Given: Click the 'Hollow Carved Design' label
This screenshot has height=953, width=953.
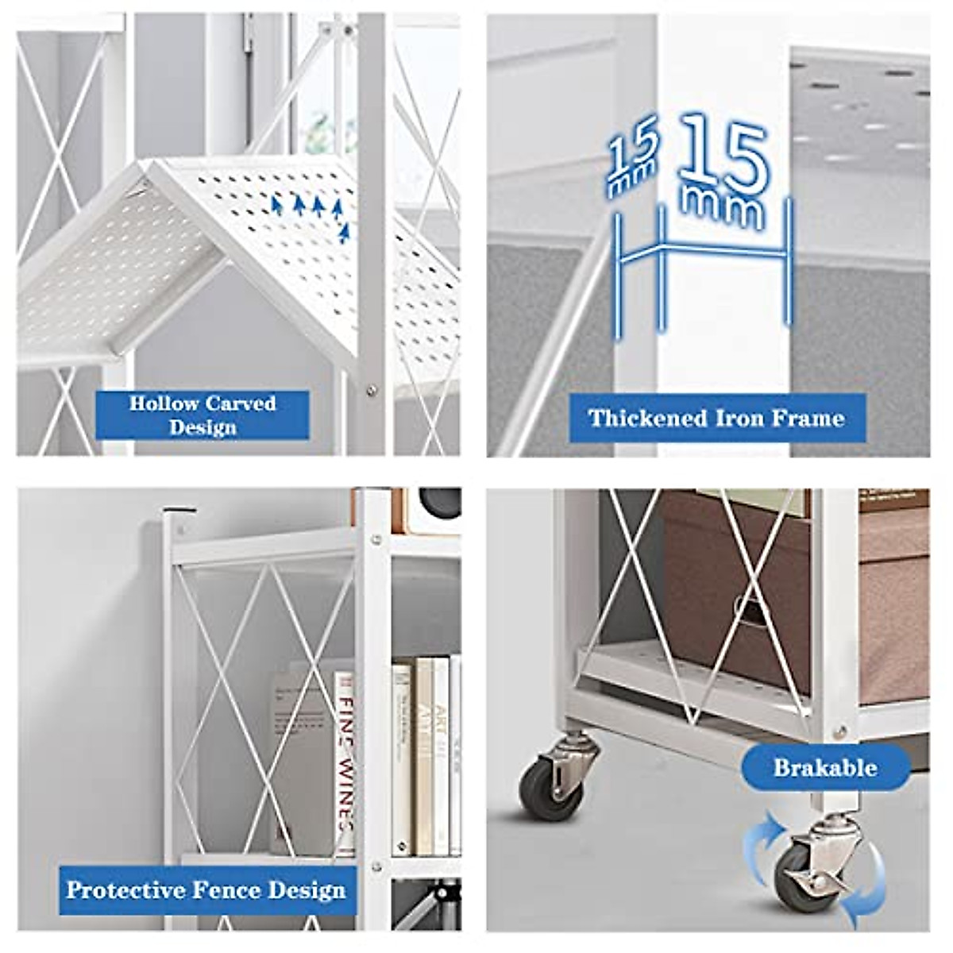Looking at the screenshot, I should tap(203, 415).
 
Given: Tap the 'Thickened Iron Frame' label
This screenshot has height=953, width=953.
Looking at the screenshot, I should tap(716, 418).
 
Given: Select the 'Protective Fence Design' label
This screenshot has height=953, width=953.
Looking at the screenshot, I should tap(206, 889).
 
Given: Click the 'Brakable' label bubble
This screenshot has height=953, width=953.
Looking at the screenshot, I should tap(825, 767).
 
